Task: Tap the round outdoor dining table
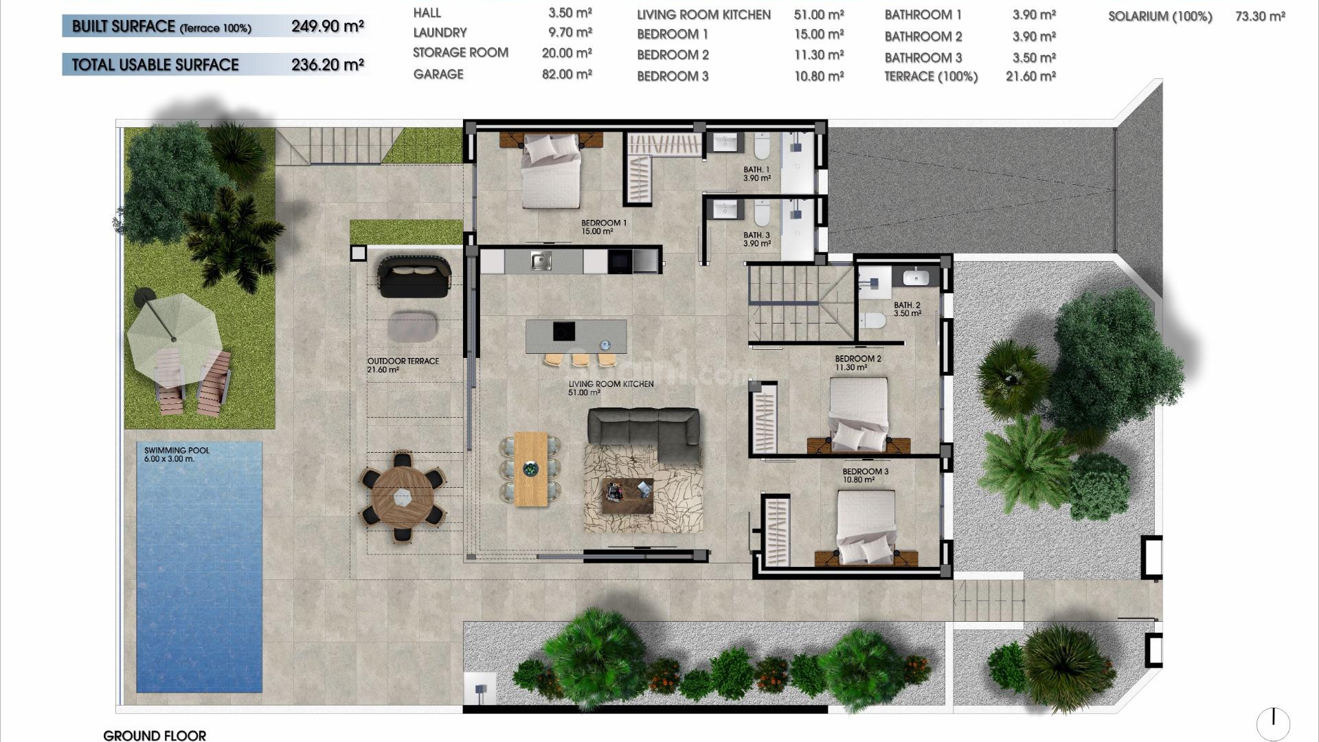coord(403,496)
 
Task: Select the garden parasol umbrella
coord(173,337)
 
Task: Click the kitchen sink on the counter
coord(541,261)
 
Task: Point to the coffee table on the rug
coord(627,495)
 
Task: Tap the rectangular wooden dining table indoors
coord(530,469)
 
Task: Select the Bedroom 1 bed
coord(551,172)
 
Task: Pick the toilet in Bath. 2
coord(873,320)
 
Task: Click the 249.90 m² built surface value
coord(327,27)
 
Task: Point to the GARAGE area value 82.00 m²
coord(567,74)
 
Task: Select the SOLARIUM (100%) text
coord(1160,16)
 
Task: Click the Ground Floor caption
coord(155,735)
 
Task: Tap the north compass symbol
coord(1273,723)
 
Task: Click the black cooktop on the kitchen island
coord(564,331)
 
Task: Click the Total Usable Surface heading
coord(155,65)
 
